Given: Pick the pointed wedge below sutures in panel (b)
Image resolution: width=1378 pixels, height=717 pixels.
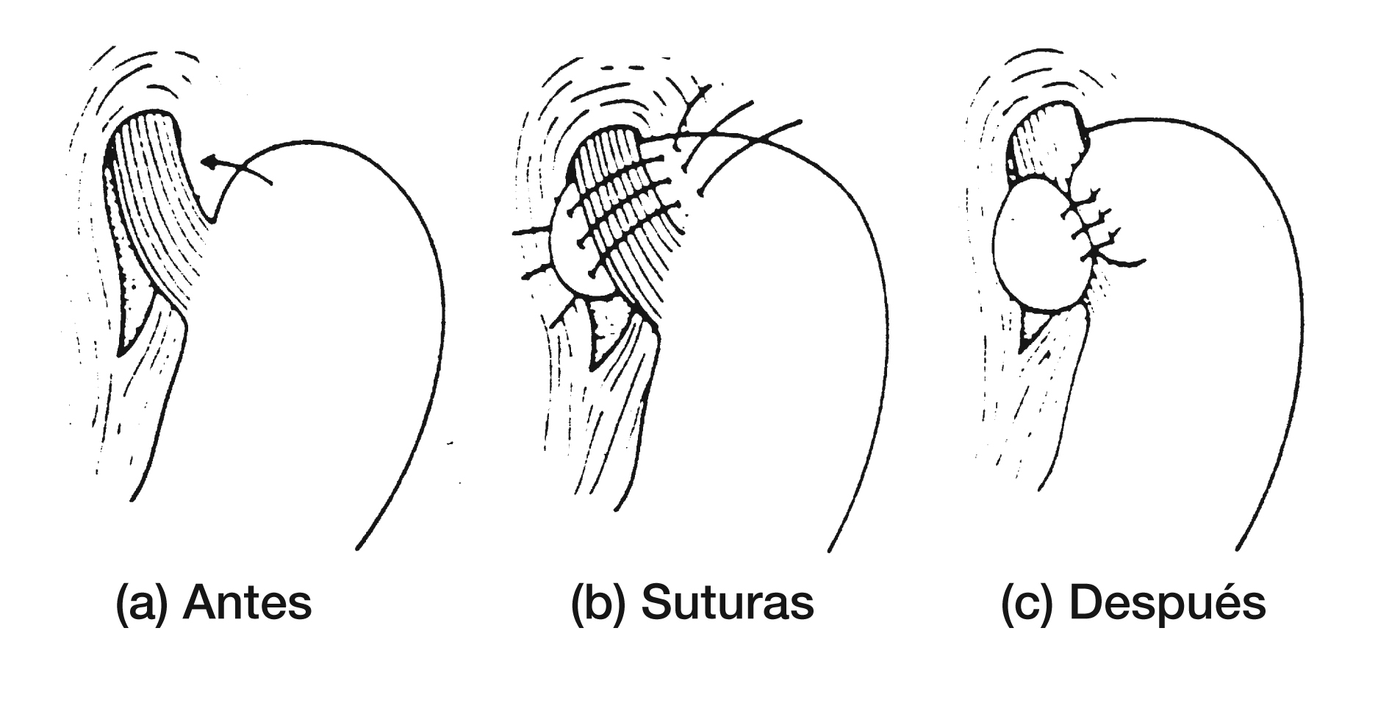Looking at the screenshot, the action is pyautogui.click(x=606, y=331).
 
